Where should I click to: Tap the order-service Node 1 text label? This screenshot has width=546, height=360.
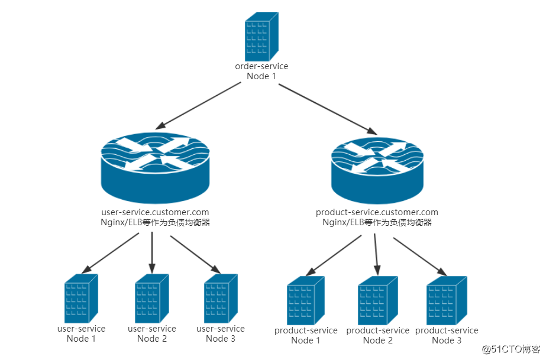(261, 71)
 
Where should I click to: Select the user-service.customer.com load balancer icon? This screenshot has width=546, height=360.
(155, 168)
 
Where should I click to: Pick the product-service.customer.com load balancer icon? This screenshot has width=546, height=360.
(377, 170)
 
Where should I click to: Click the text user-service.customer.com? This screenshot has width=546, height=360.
(156, 212)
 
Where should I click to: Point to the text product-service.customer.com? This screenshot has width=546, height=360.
(377, 212)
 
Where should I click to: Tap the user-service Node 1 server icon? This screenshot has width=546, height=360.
(81, 299)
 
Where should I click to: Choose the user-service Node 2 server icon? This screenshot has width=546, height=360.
(152, 299)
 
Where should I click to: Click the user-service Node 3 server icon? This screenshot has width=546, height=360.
(221, 299)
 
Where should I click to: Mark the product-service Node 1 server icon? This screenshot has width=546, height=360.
(306, 301)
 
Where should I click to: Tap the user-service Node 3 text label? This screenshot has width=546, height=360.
(221, 333)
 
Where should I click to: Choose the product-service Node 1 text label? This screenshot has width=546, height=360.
(306, 335)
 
